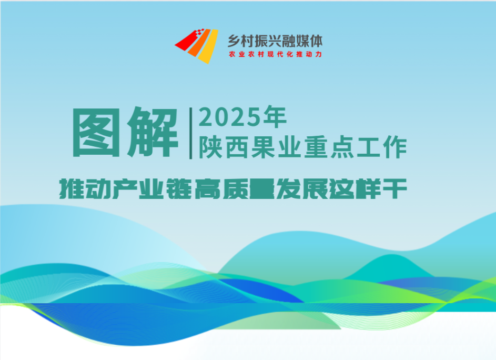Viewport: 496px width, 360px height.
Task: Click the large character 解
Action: pyautogui.click(x=152, y=132)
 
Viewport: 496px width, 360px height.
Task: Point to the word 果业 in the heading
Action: pyautogui.click(x=276, y=147)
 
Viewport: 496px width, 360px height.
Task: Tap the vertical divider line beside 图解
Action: pyautogui.click(x=191, y=133)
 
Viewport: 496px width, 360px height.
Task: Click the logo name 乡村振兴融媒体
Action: pyautogui.click(x=275, y=41)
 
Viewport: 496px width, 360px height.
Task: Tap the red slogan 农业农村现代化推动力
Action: pyautogui.click(x=275, y=54)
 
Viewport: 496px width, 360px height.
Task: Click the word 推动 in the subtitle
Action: pyautogui.click(x=85, y=189)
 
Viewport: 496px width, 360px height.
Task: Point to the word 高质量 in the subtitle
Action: pyautogui.click(x=234, y=189)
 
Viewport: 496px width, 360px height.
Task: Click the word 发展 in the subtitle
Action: pyautogui.click(x=302, y=189)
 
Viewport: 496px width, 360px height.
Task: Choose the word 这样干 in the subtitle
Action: pyautogui.click(x=368, y=189)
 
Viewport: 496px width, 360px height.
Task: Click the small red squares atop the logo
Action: pyautogui.click(x=199, y=32)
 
